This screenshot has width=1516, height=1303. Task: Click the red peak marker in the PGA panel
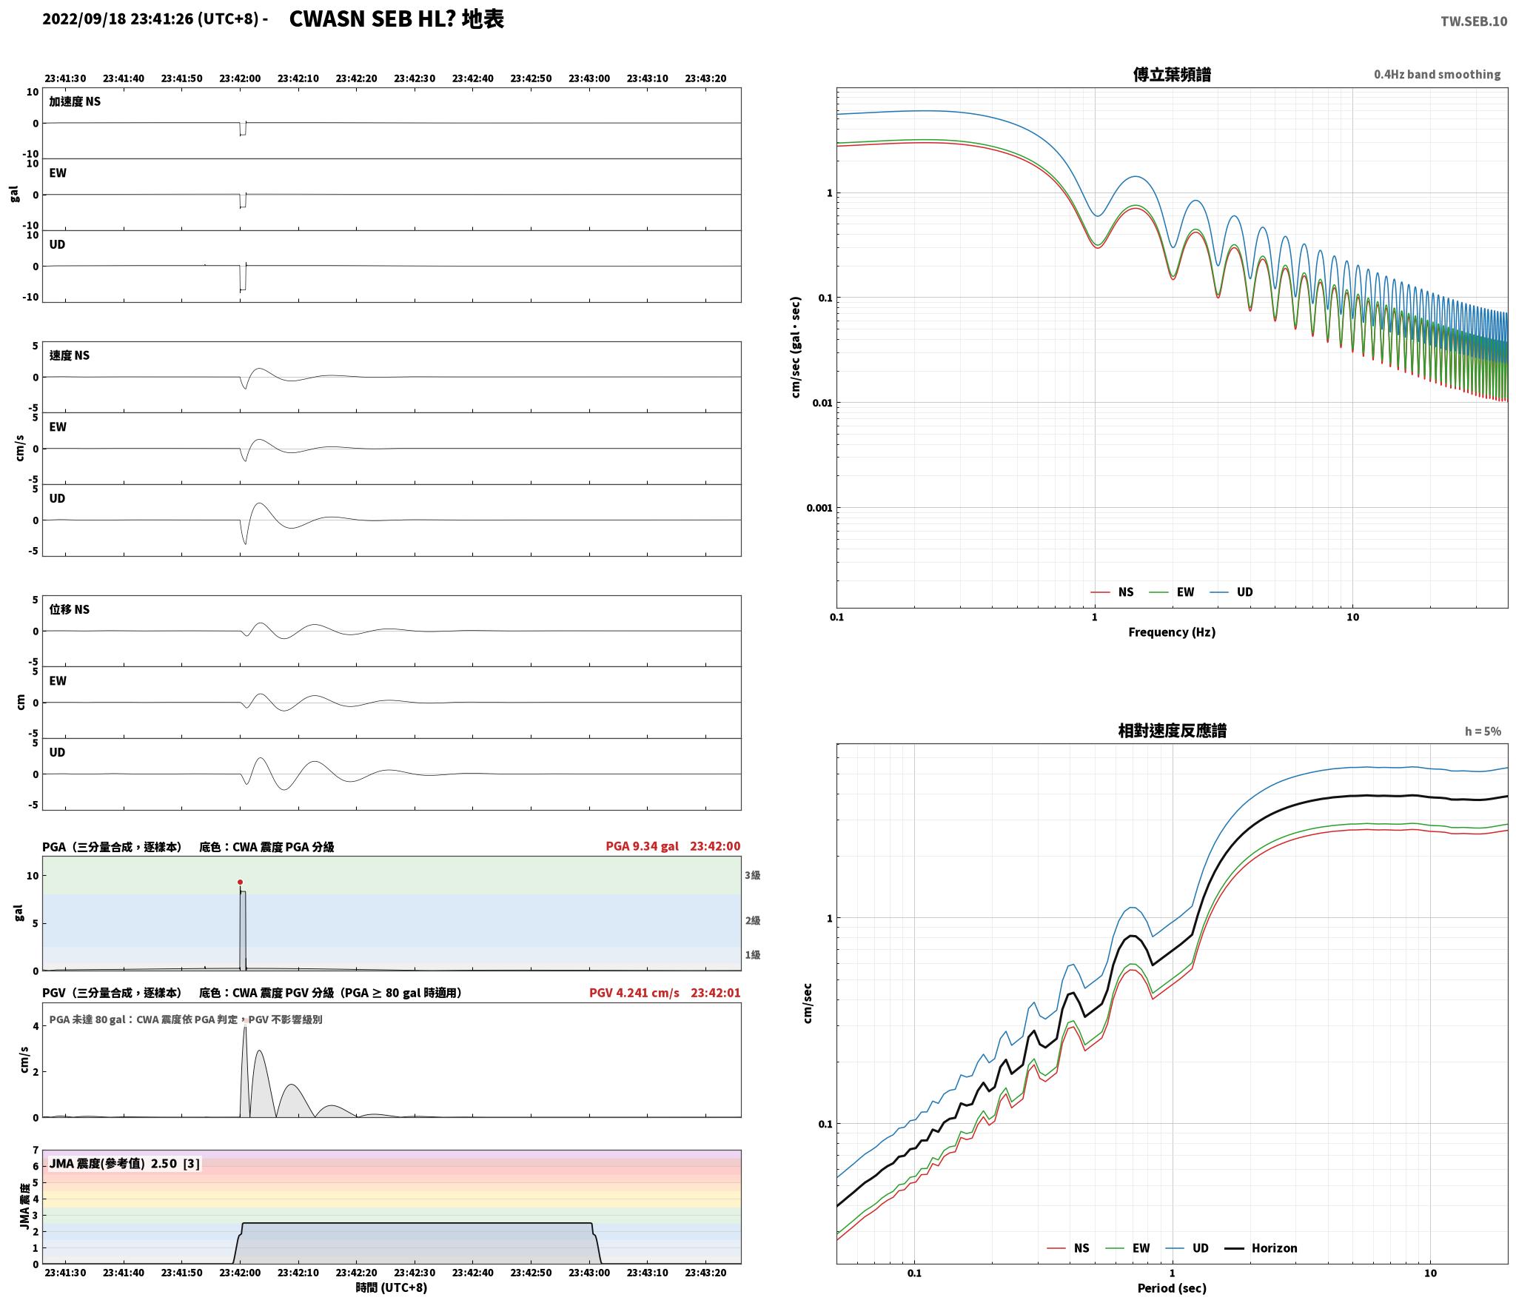[x=240, y=882]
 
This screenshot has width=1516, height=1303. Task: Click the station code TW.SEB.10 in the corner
[x=1473, y=21]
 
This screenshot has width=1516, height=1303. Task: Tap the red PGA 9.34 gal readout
[x=642, y=846]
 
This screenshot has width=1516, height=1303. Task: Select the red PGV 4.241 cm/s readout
[x=634, y=993]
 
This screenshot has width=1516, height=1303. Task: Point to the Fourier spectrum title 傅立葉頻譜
[x=1172, y=75]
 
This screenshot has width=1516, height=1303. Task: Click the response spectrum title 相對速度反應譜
[x=1172, y=731]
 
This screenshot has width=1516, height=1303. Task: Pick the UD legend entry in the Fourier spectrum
[x=1231, y=592]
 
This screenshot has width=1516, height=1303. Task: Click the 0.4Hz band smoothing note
[x=1437, y=75]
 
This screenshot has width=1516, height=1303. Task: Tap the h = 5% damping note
[x=1483, y=731]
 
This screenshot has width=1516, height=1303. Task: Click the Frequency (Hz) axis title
[x=1172, y=632]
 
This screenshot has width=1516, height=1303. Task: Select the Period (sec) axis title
[x=1172, y=1288]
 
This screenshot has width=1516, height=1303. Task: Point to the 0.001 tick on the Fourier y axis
[x=819, y=508]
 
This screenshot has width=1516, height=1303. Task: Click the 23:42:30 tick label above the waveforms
[x=415, y=78]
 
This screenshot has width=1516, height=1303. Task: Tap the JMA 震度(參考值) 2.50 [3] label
[x=124, y=1164]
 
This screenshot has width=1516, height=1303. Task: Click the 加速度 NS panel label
[x=75, y=101]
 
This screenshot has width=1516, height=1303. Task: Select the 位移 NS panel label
[x=70, y=609]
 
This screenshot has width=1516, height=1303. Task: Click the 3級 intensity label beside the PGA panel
[x=753, y=875]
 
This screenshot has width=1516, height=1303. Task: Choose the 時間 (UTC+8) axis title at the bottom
[x=392, y=1287]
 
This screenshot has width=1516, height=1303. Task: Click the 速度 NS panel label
[x=70, y=355]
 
